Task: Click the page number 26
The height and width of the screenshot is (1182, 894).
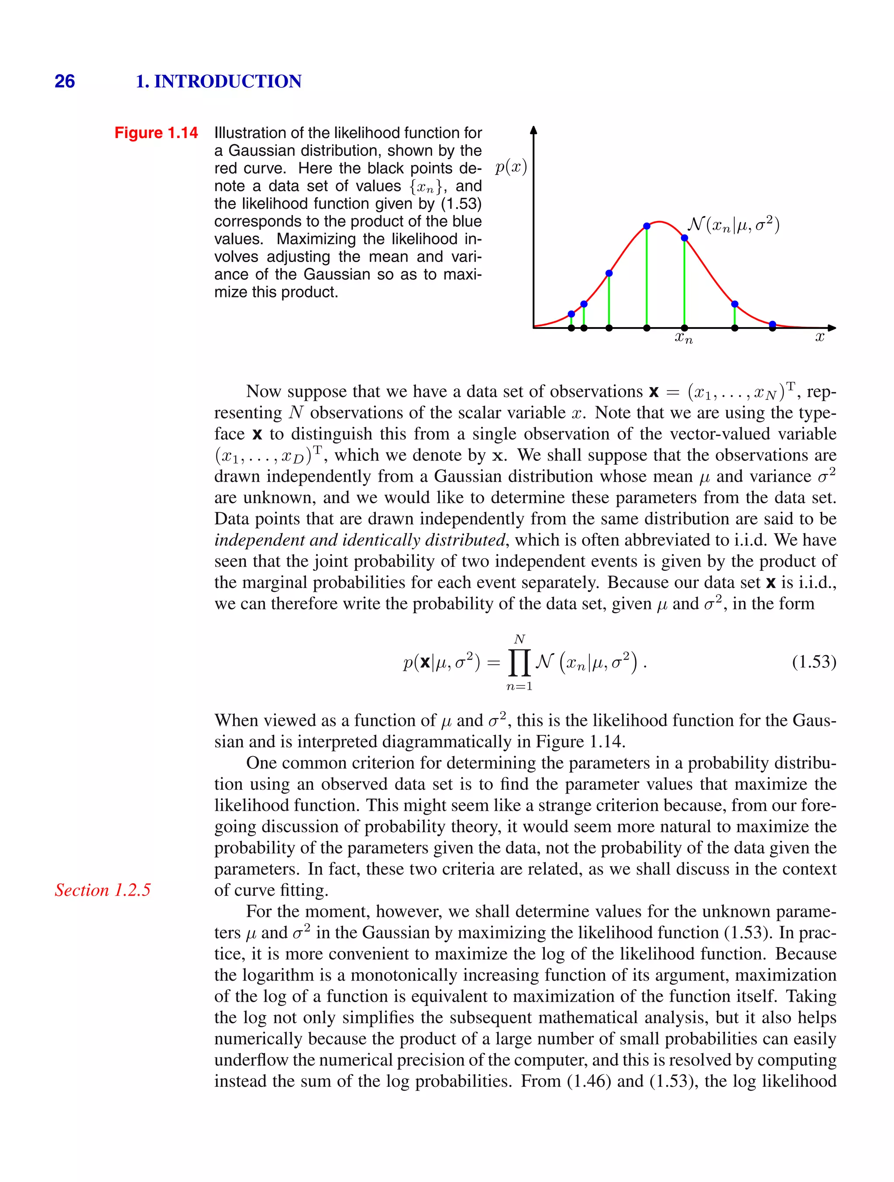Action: click(65, 81)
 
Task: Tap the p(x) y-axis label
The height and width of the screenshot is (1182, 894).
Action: click(511, 167)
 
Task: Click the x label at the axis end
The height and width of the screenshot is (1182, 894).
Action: click(820, 337)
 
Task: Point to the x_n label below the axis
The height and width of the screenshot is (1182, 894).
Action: click(684, 338)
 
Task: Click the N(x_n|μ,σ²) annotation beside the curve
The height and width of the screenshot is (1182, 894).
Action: click(733, 225)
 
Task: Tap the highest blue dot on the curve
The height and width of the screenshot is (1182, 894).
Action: click(647, 226)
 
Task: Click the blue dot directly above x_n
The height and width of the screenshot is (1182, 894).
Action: click(684, 238)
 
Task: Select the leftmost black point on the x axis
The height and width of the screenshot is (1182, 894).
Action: click(571, 328)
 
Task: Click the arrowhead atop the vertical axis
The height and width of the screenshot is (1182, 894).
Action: click(533, 130)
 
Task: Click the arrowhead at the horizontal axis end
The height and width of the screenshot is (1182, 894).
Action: click(832, 328)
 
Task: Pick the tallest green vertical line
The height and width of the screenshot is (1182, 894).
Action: click(647, 278)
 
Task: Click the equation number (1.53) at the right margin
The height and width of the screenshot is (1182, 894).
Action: click(814, 662)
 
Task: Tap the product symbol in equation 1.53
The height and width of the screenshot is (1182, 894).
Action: click(519, 663)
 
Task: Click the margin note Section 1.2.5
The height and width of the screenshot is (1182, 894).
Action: click(103, 890)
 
